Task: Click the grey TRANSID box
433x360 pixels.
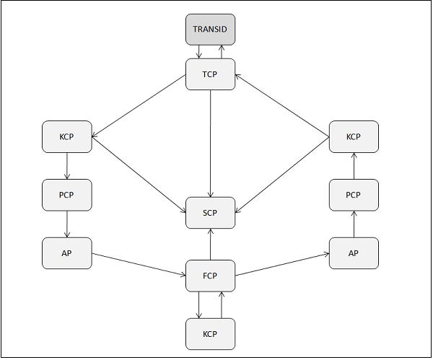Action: (211, 30)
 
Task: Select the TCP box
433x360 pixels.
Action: (211, 74)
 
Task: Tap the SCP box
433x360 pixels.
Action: (211, 212)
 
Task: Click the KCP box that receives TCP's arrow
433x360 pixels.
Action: (67, 136)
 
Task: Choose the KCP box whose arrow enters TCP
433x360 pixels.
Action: (354, 136)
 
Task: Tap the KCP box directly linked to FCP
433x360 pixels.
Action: (211, 334)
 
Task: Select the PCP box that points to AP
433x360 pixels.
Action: (67, 194)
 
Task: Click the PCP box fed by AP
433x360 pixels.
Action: (354, 194)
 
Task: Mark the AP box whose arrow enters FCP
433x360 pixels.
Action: (67, 253)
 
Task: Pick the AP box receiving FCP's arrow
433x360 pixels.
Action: (354, 253)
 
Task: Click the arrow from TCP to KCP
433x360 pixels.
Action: (139, 105)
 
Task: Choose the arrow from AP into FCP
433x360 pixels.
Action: (139, 264)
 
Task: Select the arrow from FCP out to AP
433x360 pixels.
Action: (283, 264)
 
